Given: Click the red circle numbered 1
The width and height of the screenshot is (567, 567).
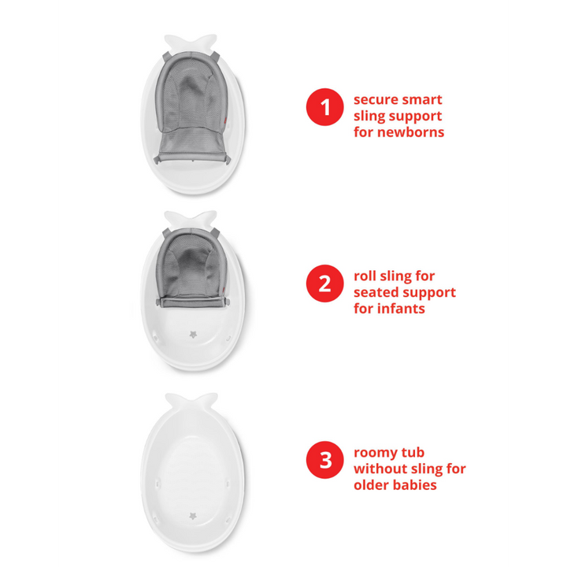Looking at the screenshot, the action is pos(324,107).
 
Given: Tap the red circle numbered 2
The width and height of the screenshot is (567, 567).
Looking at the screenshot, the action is pos(324,283).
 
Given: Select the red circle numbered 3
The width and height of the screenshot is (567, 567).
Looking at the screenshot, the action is pos(324,460).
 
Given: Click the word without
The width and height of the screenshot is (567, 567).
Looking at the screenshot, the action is pos(379,469).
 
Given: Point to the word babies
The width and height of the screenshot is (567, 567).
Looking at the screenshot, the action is pos(415,485).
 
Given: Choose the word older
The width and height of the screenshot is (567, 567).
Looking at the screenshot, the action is pos(372,485).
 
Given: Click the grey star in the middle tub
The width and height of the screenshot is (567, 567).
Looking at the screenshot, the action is pos(194,335).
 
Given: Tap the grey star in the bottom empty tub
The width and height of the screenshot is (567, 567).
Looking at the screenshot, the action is pos(193,515).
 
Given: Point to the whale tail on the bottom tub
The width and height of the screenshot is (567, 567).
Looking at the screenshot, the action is pos(191,402).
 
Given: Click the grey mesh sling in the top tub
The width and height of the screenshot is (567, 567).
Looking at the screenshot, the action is pos(191,109).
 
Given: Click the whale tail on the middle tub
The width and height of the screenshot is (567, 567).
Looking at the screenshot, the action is pos(191,220).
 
